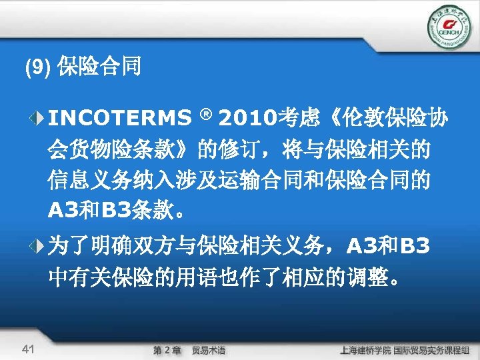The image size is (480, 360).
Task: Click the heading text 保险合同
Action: (x=99, y=67)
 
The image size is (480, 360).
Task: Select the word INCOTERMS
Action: (x=119, y=119)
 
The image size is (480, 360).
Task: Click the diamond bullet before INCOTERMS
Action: (x=38, y=119)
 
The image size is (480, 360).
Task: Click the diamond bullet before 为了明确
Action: (x=38, y=247)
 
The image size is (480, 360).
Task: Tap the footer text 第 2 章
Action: (x=167, y=349)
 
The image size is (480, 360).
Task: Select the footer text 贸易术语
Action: (x=209, y=349)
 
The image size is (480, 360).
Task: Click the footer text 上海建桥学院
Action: (x=364, y=349)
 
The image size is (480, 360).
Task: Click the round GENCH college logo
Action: (x=447, y=27)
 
